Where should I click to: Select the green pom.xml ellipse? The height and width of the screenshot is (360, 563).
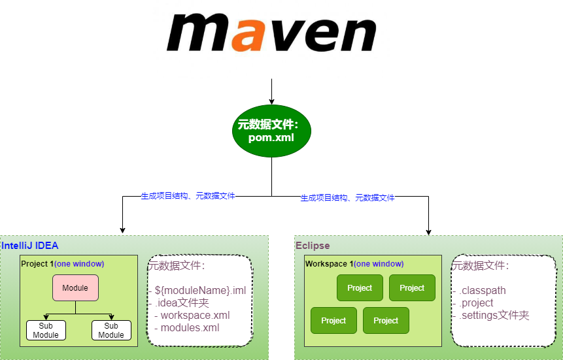pyautogui.click(x=271, y=131)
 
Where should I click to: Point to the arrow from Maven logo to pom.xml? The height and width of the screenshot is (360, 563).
pyautogui.click(x=271, y=91)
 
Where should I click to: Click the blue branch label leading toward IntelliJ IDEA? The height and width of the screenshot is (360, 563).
pyautogui.click(x=188, y=195)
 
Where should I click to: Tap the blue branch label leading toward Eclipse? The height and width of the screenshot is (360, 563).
pyautogui.click(x=347, y=197)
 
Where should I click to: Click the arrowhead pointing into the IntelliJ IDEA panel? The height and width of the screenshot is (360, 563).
pyautogui.click(x=122, y=230)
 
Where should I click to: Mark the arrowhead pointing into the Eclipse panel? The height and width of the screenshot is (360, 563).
pyautogui.click(x=428, y=230)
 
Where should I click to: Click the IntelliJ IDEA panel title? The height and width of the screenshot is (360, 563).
pyautogui.click(x=30, y=246)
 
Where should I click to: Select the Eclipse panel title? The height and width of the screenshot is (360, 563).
pyautogui.click(x=313, y=246)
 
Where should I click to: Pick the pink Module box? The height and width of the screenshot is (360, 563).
pyautogui.click(x=75, y=287)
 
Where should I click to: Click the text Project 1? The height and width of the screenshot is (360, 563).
pyautogui.click(x=37, y=264)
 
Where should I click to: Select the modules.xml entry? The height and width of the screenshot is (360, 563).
pyautogui.click(x=190, y=327)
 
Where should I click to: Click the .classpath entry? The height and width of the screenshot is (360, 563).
pyautogui.click(x=482, y=291)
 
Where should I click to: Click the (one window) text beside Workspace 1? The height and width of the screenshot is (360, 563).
pyautogui.click(x=379, y=264)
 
